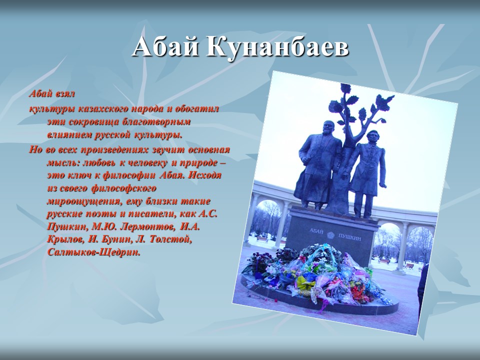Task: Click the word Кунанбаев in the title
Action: click(277, 48)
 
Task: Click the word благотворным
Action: click(157, 121)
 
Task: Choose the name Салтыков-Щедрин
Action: click(94, 252)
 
